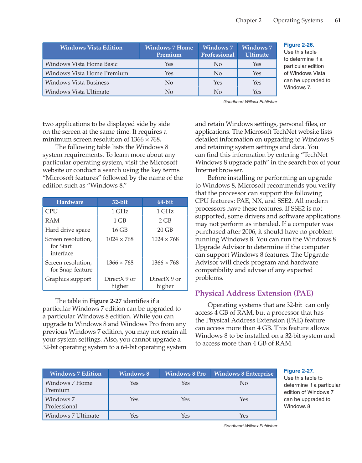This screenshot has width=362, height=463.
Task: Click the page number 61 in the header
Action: (x=338, y=20)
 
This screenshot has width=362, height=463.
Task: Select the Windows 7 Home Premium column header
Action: (x=169, y=51)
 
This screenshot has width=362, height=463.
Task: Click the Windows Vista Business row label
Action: (x=77, y=83)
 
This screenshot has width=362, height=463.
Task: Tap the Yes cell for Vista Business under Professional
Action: (x=218, y=83)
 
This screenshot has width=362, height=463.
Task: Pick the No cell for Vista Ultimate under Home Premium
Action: (x=169, y=92)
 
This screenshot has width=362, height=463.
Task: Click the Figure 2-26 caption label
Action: (x=299, y=45)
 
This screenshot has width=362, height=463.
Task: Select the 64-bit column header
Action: (x=165, y=202)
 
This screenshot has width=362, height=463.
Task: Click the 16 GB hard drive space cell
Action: (x=120, y=230)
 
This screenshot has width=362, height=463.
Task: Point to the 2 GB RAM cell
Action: (x=165, y=221)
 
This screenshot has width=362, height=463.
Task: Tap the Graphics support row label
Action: (x=68, y=279)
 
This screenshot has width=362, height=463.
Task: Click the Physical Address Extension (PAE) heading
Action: (x=254, y=293)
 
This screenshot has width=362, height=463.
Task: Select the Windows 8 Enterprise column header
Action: (x=244, y=374)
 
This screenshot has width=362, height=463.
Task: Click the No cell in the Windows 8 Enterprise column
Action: (x=244, y=383)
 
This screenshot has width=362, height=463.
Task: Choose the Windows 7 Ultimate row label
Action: (x=72, y=416)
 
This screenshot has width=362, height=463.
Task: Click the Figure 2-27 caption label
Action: (x=299, y=371)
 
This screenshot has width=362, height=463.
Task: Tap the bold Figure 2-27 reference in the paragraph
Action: (x=105, y=301)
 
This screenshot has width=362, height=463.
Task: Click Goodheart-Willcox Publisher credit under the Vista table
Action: (x=250, y=102)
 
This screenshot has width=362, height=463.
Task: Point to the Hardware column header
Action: (x=70, y=202)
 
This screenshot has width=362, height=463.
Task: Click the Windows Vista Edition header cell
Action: (x=91, y=48)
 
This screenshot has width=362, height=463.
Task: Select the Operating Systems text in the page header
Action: (x=298, y=20)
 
